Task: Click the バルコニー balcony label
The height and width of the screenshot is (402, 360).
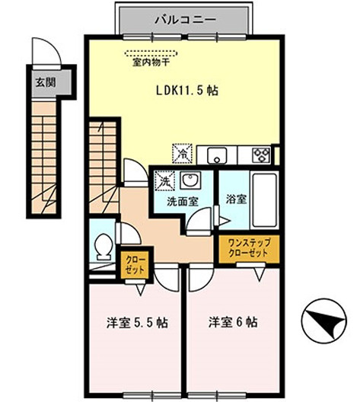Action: coord(185,20)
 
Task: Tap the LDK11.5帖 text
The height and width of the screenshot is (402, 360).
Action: coord(187,91)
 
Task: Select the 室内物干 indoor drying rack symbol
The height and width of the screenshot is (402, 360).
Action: coord(151,53)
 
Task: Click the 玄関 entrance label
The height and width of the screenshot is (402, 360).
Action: coord(46,82)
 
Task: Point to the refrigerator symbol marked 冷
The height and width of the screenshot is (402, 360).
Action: coord(182,153)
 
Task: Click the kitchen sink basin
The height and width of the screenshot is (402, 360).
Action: coord(217,155)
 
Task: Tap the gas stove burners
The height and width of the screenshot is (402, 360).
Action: coord(261,155)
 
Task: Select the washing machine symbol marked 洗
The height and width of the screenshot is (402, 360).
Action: coord(164,180)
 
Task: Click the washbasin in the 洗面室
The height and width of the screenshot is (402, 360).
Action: coord(190,180)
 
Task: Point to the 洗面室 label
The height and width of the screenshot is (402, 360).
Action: coord(183,202)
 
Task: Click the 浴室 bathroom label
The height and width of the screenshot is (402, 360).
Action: coord(236,199)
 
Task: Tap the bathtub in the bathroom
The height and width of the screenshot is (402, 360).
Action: coord(265,200)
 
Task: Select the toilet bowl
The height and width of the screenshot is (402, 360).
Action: coord(103,246)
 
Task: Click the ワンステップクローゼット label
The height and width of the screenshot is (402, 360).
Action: coord(249,247)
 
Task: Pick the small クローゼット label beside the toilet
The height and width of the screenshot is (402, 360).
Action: coord(135,265)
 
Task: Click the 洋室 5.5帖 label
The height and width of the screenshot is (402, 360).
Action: coord(137,323)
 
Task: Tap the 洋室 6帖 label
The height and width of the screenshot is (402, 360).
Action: coord(233,322)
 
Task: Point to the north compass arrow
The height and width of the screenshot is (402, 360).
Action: coord(324,321)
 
